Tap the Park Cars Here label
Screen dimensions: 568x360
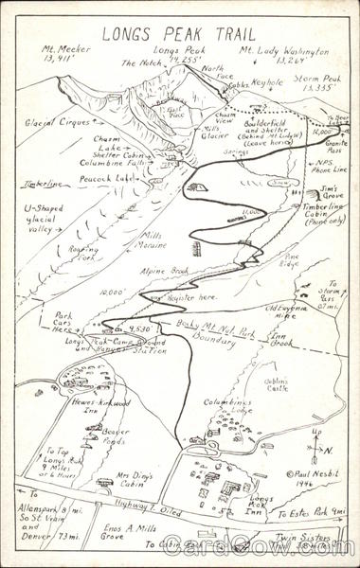[x=63, y=323]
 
